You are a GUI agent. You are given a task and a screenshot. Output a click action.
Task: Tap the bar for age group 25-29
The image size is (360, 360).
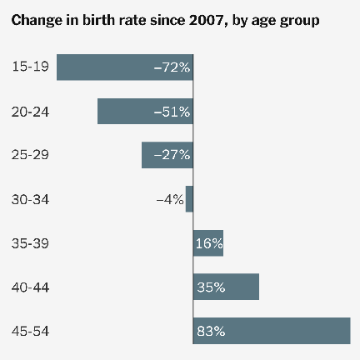pos(158,155)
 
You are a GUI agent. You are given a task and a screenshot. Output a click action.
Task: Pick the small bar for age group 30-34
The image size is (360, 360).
pos(189,199)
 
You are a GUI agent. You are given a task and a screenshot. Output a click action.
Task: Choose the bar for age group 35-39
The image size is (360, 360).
pos(208,243)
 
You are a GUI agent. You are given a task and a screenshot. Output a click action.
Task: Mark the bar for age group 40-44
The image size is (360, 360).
pos(226,287)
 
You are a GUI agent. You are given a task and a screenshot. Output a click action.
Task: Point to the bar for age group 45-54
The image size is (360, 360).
pos(272,331)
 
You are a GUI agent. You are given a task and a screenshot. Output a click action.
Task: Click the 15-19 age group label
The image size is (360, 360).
pos(30,67)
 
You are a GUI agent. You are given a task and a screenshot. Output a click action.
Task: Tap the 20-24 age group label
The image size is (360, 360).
pos(30,111)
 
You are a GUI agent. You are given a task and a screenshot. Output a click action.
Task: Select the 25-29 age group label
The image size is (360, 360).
pos(30,155)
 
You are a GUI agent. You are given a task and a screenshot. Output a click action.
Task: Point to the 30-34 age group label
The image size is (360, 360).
pos(30,199)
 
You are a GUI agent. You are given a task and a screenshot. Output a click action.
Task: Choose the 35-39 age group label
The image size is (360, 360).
pos(30,243)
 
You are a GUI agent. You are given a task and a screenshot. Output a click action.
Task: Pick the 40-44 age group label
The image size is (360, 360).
pos(30,287)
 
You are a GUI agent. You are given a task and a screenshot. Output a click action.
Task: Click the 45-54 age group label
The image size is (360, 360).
pos(30,331)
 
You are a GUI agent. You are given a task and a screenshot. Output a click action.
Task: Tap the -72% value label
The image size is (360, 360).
pos(172,67)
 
